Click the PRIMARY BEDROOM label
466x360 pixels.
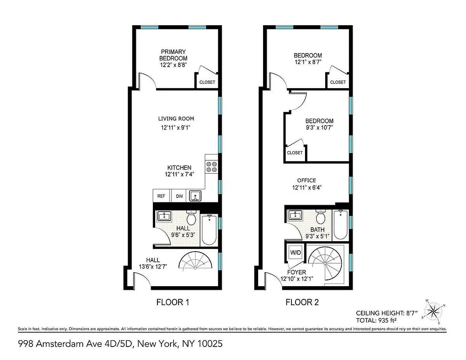[173, 55]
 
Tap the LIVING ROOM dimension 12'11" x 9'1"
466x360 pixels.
[175, 128]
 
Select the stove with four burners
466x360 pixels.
[211, 167]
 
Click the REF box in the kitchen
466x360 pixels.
[161, 196]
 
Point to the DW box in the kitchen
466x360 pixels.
[179, 196]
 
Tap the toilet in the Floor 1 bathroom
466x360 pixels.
[191, 219]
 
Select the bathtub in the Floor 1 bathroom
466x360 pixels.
[208, 230]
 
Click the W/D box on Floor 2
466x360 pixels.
[295, 253]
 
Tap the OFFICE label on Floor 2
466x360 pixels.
[306, 180]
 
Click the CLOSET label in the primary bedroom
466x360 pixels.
[207, 82]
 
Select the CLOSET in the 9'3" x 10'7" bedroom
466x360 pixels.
[295, 153]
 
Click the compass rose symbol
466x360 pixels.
[434, 310]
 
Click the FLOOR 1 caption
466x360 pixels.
[172, 302]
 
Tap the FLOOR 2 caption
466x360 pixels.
[302, 302]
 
